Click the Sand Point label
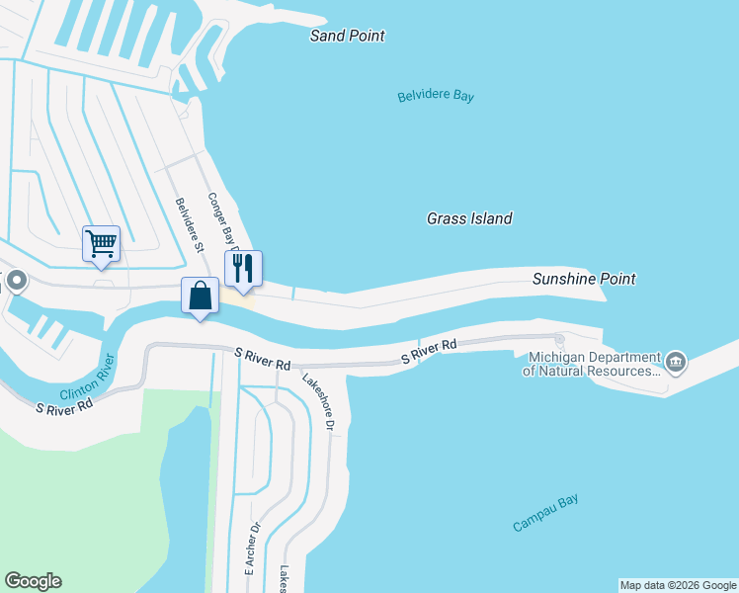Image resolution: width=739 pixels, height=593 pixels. pyautogui.click(x=347, y=36)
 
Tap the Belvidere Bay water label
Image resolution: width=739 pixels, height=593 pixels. pyautogui.click(x=436, y=96)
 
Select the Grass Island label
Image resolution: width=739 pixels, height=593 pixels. pyautogui.click(x=469, y=218)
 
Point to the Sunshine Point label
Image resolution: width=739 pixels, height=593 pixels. pyautogui.click(x=583, y=279)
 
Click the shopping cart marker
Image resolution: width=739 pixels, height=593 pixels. pyautogui.click(x=101, y=243)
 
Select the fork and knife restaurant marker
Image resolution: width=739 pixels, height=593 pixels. pyautogui.click(x=242, y=268)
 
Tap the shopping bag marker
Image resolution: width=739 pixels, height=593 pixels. pyautogui.click(x=200, y=295)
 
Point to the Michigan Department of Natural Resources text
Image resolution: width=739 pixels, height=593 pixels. pyautogui.click(x=593, y=364)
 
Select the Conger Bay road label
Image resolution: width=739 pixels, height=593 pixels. pyautogui.click(x=222, y=219)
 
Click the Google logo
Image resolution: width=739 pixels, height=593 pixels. pyautogui.click(x=33, y=581)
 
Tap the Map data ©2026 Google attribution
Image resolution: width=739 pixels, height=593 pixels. pyautogui.click(x=678, y=585)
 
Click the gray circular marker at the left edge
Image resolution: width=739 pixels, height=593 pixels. pyautogui.click(x=15, y=282)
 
